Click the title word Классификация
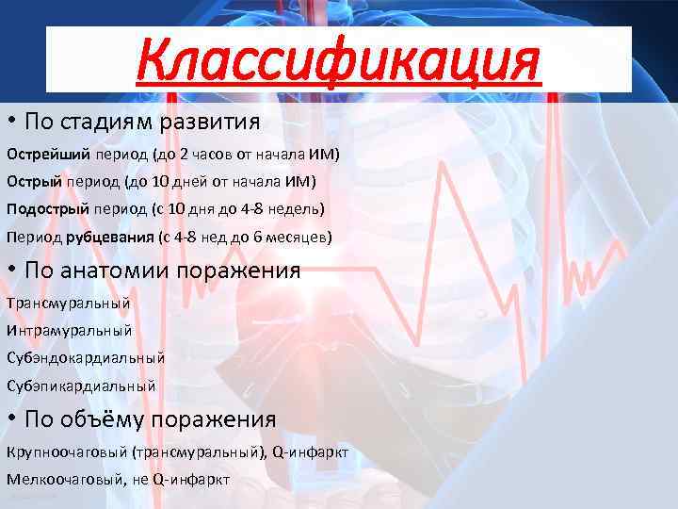pyautogui.click(x=339, y=61)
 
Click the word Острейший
pyautogui.click(x=45, y=153)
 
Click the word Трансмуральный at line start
pyautogui.click(x=68, y=304)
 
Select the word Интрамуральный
pyautogui.click(x=69, y=331)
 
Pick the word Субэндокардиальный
pyautogui.click(x=85, y=358)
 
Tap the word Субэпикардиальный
pyautogui.click(x=81, y=386)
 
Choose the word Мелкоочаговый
pyautogui.click(x=65, y=479)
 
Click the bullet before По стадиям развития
pyautogui.click(x=12, y=123)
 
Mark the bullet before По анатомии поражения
pyautogui.click(x=12, y=271)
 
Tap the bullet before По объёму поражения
pyautogui.click(x=12, y=419)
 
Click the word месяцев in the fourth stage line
pyautogui.click(x=300, y=238)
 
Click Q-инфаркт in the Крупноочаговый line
pyautogui.click(x=311, y=452)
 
